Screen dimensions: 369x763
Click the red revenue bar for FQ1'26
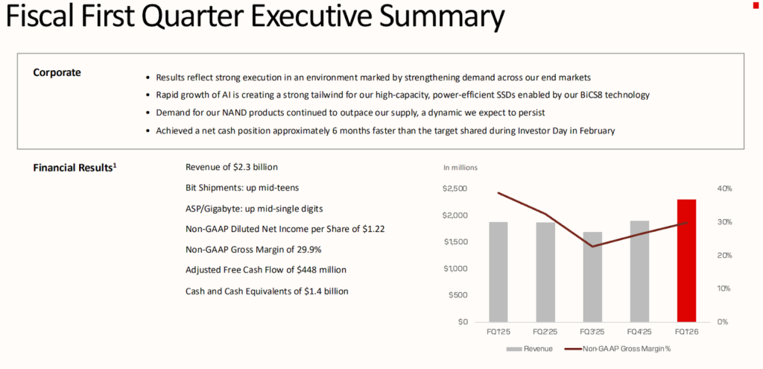click(x=686, y=261)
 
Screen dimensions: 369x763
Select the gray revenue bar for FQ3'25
click(x=592, y=277)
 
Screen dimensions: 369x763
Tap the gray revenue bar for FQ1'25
click(x=498, y=272)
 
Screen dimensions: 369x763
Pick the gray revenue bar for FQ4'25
click(x=639, y=271)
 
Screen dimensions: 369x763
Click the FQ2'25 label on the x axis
click(x=546, y=331)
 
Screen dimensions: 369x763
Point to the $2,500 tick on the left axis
click(x=455, y=189)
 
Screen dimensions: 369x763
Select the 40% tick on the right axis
click(x=724, y=189)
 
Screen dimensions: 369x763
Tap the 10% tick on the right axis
click(x=724, y=288)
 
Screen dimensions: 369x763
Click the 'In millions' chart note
click(x=460, y=167)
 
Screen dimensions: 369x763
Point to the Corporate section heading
click(x=57, y=72)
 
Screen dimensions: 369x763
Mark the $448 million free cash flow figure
click(x=322, y=270)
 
